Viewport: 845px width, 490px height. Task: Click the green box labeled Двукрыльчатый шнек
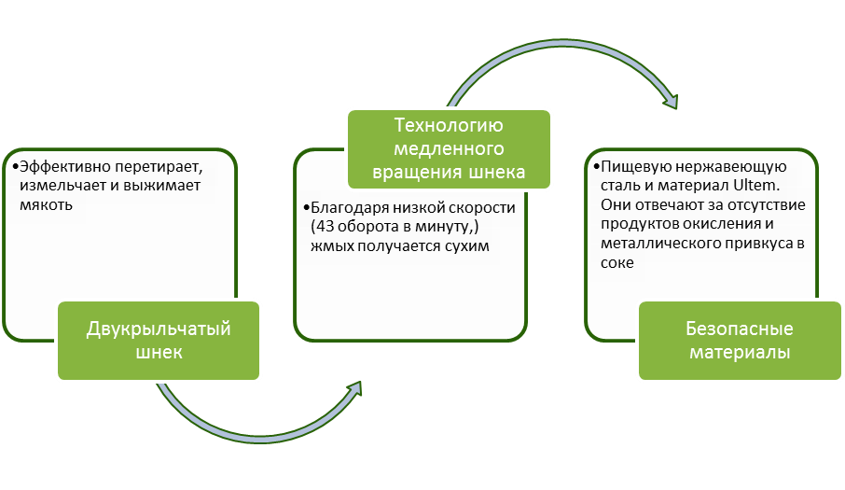[x=158, y=341]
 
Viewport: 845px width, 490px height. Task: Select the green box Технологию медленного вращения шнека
[x=449, y=149]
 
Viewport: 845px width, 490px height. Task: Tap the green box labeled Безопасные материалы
[x=740, y=341]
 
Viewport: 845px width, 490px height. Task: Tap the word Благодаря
[x=344, y=206]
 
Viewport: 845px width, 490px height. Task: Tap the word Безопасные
[x=740, y=329]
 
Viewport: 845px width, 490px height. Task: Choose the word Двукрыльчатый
[x=158, y=329]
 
